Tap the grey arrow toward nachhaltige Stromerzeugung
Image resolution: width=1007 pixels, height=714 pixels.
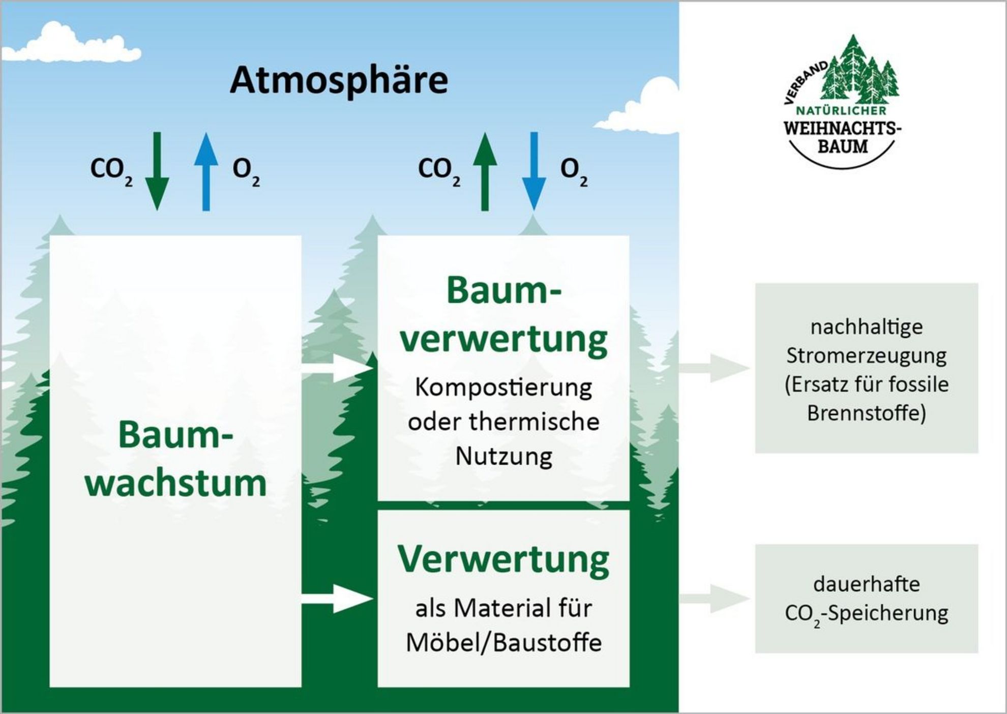click(715, 367)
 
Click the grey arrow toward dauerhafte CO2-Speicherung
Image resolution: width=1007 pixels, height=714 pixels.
click(715, 598)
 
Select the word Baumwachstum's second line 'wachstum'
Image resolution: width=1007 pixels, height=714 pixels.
click(175, 483)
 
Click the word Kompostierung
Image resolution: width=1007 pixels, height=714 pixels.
click(503, 388)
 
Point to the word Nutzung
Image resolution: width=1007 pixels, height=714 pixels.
click(503, 456)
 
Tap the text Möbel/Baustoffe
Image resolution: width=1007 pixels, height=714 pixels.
click(503, 643)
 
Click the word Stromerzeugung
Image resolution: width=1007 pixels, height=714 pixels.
click(866, 355)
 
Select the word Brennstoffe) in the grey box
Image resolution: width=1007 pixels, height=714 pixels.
click(866, 413)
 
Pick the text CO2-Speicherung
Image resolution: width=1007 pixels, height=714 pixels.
click(866, 613)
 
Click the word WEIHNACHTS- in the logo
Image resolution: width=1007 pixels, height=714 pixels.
click(842, 128)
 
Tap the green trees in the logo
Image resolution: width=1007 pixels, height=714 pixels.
click(860, 71)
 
